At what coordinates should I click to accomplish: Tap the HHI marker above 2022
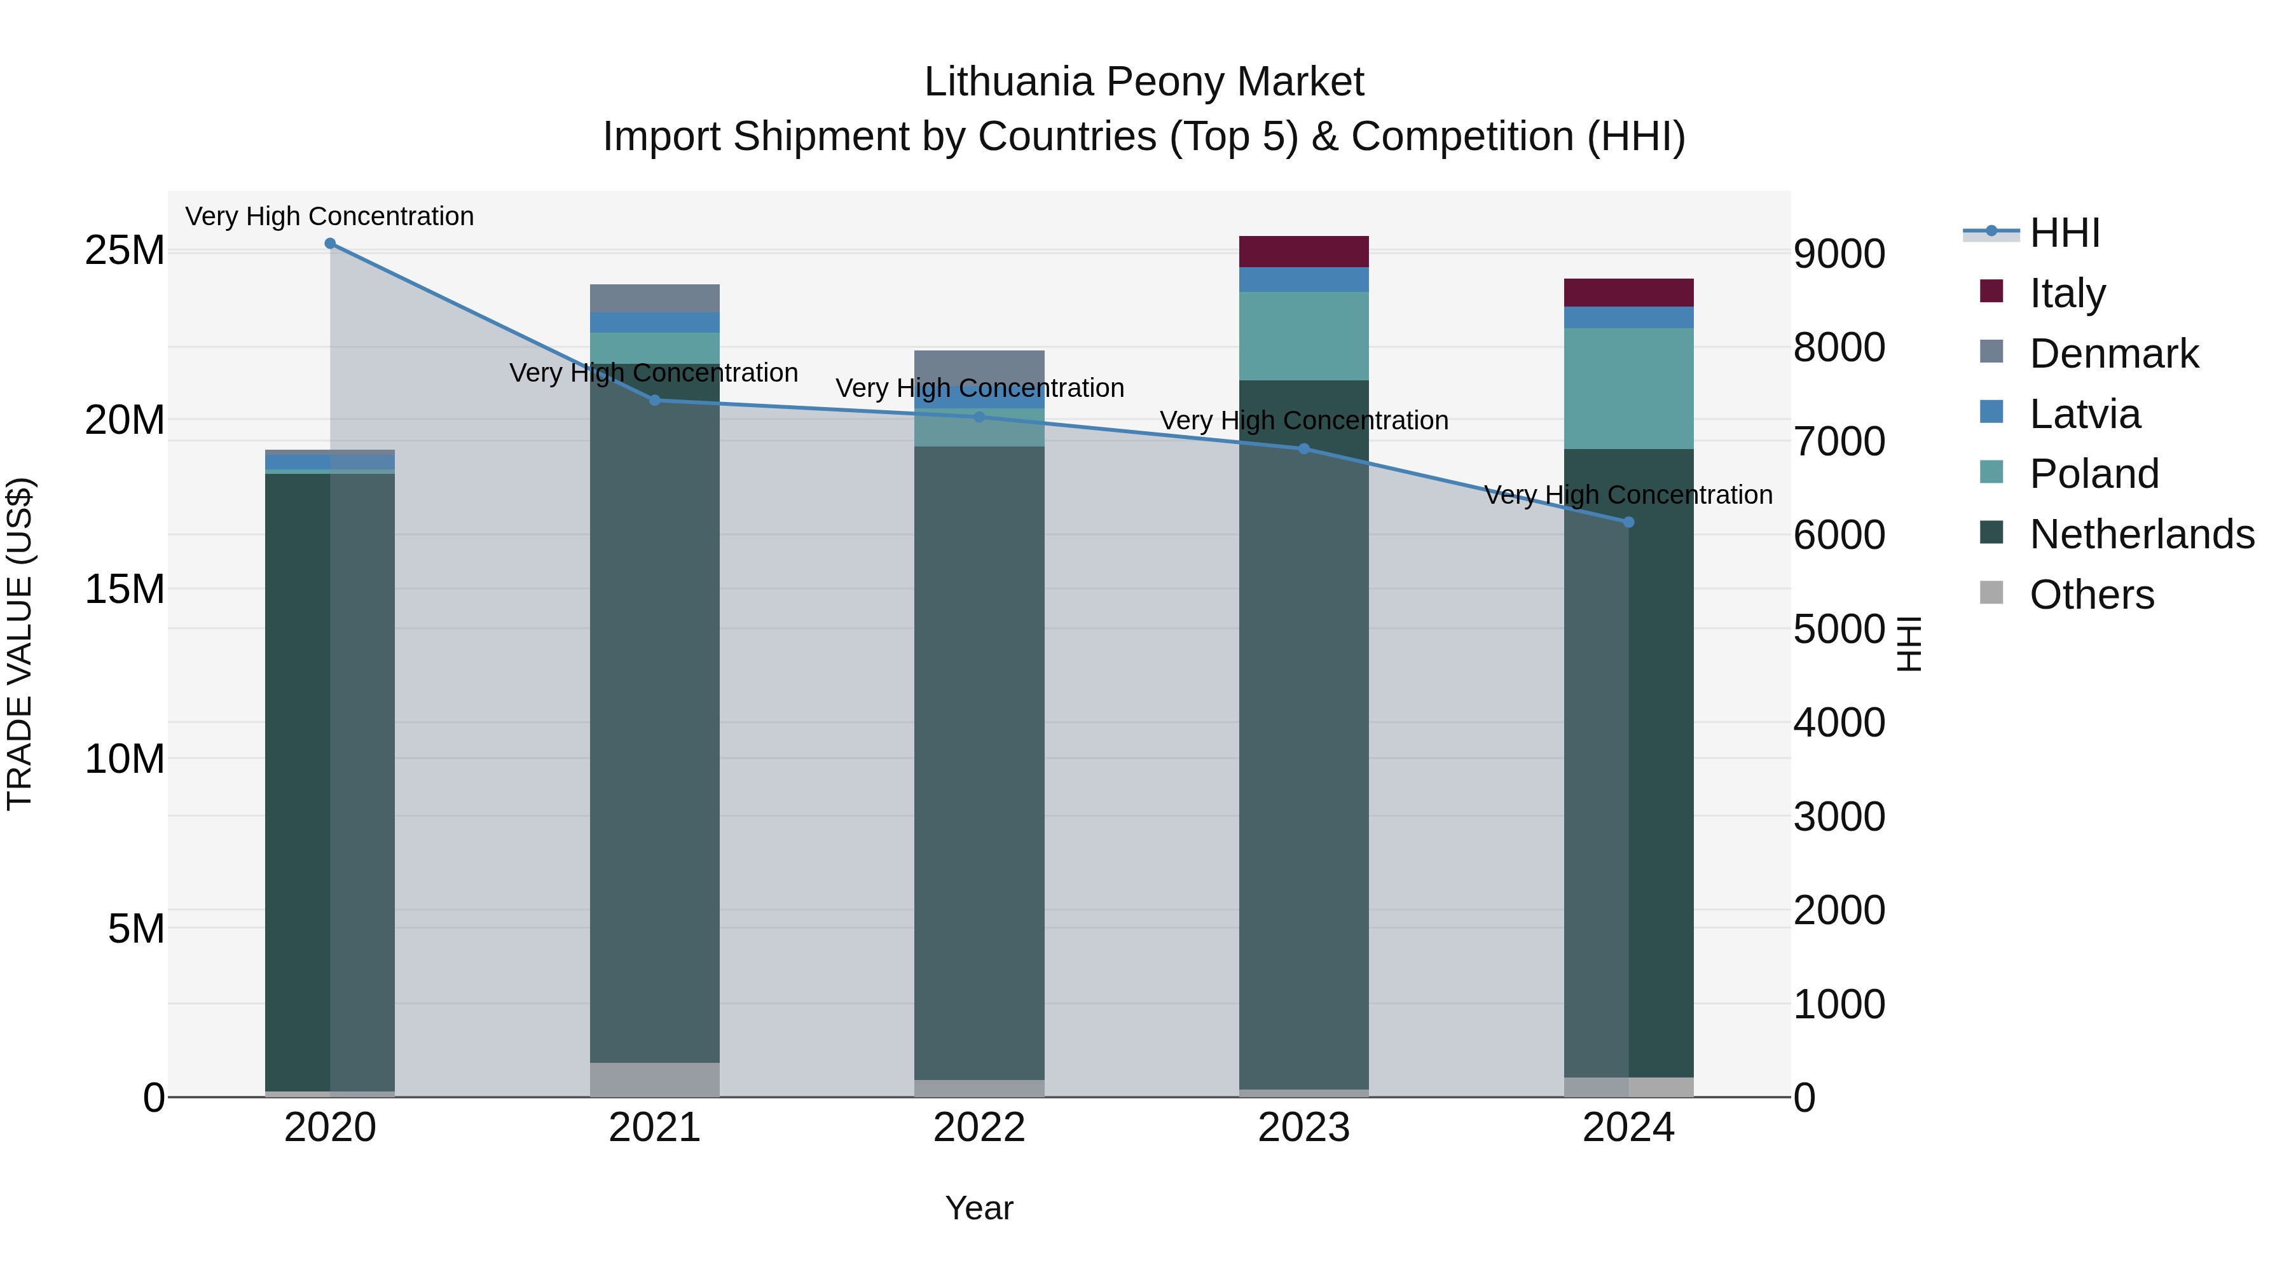click(979, 417)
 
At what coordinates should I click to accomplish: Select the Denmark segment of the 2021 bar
click(655, 299)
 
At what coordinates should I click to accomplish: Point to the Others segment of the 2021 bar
click(655, 1079)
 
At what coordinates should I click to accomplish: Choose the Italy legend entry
click(2067, 293)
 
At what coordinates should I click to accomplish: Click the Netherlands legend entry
click(2141, 534)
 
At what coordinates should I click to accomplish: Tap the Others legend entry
click(2092, 595)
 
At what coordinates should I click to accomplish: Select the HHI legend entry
click(2064, 233)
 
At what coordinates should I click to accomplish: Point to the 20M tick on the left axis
click(125, 420)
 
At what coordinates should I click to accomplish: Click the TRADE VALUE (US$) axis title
click(20, 644)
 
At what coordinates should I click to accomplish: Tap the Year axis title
click(979, 1208)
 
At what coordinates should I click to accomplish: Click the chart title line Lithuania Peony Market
click(1144, 82)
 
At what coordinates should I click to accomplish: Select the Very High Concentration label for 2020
click(329, 216)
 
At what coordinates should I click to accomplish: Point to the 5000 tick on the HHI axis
click(1838, 628)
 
